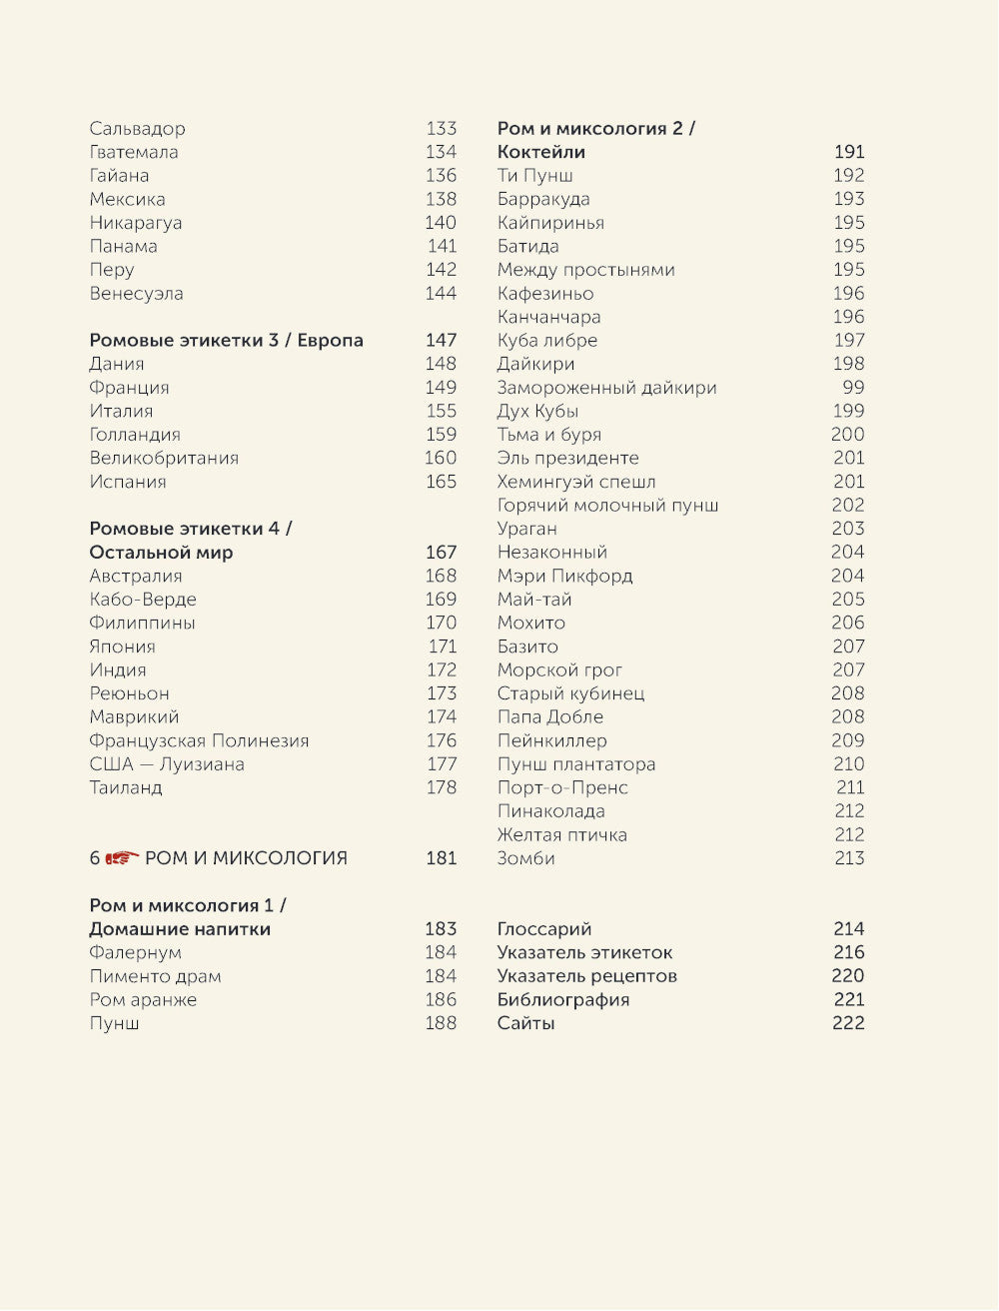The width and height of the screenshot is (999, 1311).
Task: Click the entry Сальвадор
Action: tap(137, 129)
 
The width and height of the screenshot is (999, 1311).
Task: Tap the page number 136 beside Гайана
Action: tap(441, 176)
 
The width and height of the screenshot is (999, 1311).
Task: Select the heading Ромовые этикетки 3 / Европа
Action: tap(226, 341)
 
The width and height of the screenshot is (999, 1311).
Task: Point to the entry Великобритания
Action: tap(164, 459)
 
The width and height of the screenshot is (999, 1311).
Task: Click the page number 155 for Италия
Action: tap(441, 412)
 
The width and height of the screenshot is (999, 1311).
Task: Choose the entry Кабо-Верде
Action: tap(143, 600)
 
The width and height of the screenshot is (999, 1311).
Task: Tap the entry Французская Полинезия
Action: tap(199, 741)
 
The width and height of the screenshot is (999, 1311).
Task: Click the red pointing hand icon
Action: tap(123, 857)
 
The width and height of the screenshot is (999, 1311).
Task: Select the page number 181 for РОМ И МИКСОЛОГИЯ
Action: tap(441, 858)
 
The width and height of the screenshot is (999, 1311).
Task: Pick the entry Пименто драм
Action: tap(155, 977)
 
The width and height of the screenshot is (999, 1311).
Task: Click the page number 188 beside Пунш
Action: tap(441, 1024)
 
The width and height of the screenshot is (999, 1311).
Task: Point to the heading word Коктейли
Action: tap(541, 153)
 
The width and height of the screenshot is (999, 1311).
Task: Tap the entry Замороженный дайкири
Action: tap(606, 388)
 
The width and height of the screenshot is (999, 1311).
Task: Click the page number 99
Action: tap(853, 388)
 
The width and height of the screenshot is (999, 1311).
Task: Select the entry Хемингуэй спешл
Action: tap(576, 483)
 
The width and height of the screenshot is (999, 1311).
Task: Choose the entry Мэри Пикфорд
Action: tap(564, 577)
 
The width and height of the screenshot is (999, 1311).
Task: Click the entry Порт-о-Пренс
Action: tap(562, 788)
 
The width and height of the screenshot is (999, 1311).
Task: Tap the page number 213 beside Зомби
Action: tap(848, 859)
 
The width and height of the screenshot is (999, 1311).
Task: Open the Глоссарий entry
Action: tap(544, 929)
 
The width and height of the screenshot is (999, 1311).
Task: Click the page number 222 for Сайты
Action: tap(848, 1024)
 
